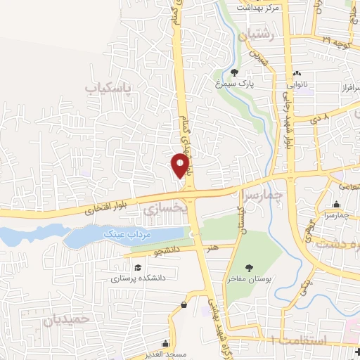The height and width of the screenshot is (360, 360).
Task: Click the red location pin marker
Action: pos(181,166)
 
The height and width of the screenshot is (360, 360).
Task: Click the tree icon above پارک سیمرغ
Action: pos(234,72)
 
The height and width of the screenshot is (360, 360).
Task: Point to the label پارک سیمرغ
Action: pos(235,84)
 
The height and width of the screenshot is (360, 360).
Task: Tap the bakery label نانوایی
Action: pos(296,84)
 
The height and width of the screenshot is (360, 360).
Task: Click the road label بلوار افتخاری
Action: pos(103,210)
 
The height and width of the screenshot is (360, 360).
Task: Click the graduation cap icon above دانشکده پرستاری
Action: pos(138,268)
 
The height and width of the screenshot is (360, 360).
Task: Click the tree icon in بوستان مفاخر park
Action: pos(249,267)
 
